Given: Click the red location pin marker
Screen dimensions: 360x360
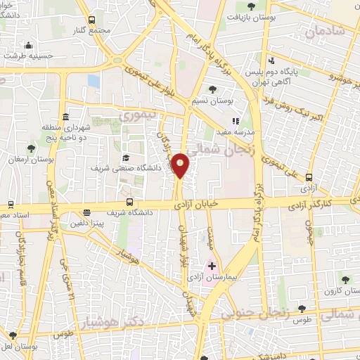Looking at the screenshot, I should [181, 165].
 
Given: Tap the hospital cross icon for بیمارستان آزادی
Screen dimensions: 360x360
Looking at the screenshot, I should [212, 266].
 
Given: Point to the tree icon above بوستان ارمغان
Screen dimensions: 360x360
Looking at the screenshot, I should [30, 148].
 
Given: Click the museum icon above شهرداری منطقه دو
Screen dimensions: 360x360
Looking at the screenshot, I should [65, 117].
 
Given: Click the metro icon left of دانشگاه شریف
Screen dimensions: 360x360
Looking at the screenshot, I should [87, 212].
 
